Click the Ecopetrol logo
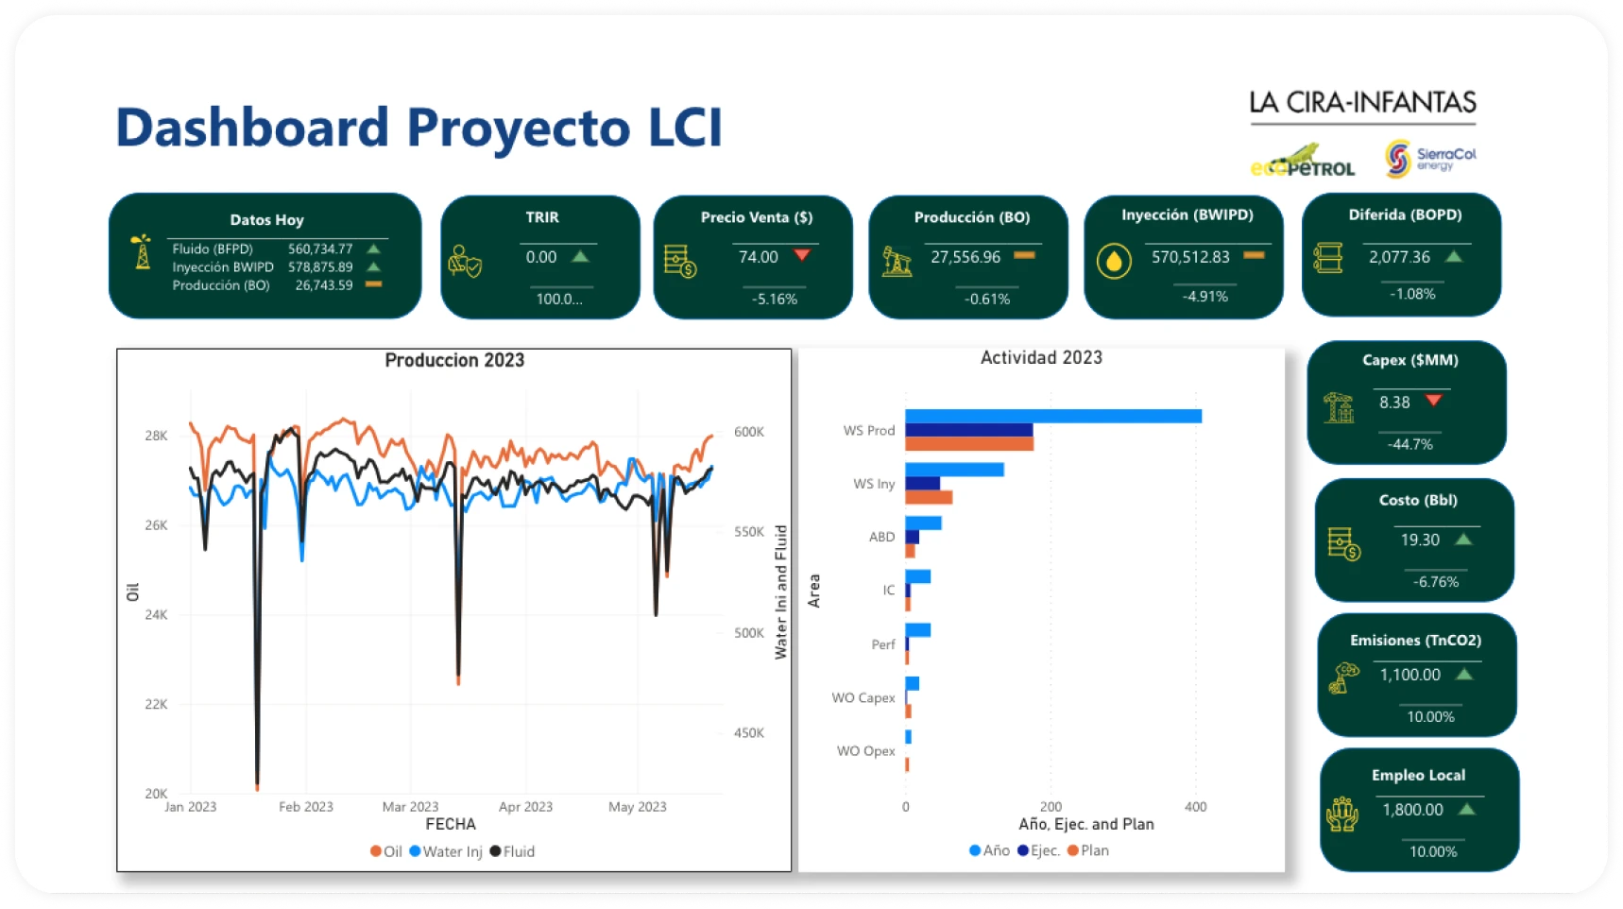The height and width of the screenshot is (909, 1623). click(1303, 161)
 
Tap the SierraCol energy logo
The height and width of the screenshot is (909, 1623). click(1430, 158)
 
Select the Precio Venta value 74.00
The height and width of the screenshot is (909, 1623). click(758, 257)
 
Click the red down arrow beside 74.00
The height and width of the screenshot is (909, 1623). click(802, 255)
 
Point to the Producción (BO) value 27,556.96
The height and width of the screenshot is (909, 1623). click(965, 257)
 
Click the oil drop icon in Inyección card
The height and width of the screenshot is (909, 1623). click(1114, 261)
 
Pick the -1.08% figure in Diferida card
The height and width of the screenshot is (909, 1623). click(1412, 294)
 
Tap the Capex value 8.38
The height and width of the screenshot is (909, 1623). click(1394, 403)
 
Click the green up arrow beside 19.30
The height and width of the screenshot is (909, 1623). click(1463, 540)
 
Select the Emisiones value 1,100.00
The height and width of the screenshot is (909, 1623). click(1410, 675)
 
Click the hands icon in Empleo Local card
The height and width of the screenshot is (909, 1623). click(1341, 814)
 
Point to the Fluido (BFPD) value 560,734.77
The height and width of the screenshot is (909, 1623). click(320, 249)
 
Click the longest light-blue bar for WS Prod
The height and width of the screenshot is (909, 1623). click(1053, 416)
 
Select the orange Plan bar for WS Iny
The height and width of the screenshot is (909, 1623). click(929, 497)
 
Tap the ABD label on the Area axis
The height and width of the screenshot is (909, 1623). click(881, 537)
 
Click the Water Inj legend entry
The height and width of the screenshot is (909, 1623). click(446, 851)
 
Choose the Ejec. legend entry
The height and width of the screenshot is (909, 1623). click(1038, 850)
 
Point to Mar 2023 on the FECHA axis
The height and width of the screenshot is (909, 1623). click(410, 807)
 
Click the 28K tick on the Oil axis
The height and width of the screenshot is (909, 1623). click(156, 436)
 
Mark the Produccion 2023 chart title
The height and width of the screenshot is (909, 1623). click(454, 360)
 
